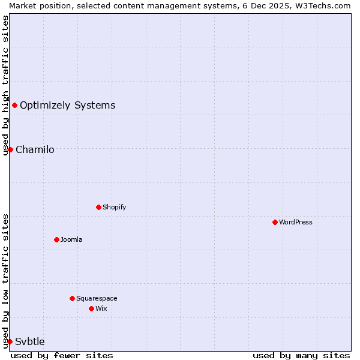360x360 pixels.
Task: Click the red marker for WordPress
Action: (275, 222)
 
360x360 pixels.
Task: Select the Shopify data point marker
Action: (98, 207)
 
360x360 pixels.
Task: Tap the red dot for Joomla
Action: (56, 239)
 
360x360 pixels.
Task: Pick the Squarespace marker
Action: (72, 298)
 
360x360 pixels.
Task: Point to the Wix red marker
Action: (91, 308)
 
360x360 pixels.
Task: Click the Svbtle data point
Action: (10, 341)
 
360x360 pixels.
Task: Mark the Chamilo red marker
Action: (10, 149)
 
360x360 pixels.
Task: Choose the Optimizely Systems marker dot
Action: (14, 106)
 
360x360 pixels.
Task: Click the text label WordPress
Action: (296, 222)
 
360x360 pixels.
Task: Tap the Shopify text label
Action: (114, 207)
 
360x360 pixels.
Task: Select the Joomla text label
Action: (71, 239)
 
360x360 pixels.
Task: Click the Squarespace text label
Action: (97, 298)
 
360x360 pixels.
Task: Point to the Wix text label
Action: (101, 308)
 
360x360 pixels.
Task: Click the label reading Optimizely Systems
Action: (67, 106)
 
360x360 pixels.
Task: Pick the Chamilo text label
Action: (35, 149)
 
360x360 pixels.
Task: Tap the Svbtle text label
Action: (30, 341)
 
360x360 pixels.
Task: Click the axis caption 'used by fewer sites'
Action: (62, 355)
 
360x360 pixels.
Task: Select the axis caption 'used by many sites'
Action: (301, 355)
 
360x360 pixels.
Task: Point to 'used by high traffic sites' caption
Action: (5, 85)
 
